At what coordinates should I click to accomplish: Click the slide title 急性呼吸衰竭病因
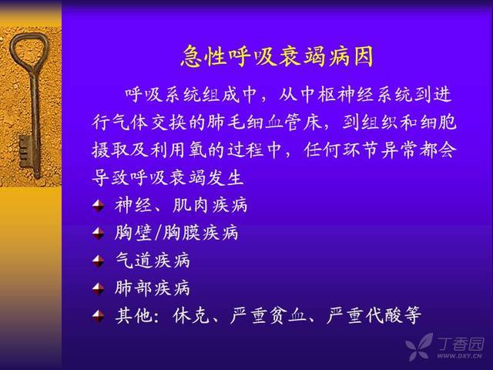tap(277, 56)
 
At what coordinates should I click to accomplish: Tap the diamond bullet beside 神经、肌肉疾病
tap(98, 206)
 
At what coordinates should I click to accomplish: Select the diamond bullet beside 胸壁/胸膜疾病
tap(98, 233)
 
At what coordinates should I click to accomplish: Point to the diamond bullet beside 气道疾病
tap(98, 261)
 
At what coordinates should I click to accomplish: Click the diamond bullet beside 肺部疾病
tap(98, 288)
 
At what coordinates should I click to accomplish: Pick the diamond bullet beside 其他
tap(98, 315)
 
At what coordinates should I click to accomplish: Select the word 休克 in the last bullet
tap(191, 315)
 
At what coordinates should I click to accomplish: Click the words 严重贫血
tap(267, 315)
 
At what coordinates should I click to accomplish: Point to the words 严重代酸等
tap(374, 315)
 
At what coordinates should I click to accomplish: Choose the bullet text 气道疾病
tap(153, 261)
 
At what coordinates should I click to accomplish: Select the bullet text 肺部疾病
tap(153, 288)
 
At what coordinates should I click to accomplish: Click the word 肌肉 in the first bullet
tap(190, 206)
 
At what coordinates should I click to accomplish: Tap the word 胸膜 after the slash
tap(182, 233)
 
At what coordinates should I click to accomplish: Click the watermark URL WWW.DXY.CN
tap(459, 356)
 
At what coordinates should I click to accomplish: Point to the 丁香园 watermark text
tap(461, 344)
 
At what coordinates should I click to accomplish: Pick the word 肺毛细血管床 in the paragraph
tap(265, 122)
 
